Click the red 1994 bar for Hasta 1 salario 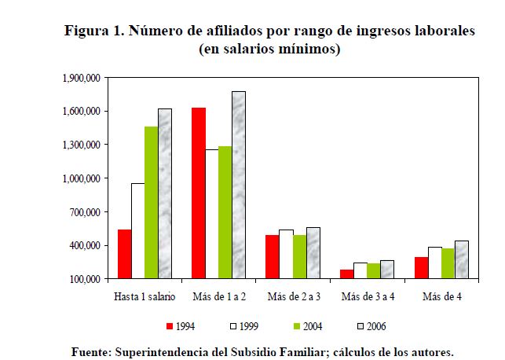(124, 254)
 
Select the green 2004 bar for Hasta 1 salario (151, 203)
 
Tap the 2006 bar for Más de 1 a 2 (238, 186)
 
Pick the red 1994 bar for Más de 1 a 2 (199, 193)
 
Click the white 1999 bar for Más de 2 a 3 (285, 255)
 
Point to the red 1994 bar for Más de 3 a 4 (346, 274)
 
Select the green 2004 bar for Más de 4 (448, 263)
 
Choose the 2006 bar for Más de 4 (461, 259)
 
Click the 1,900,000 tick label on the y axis (80, 79)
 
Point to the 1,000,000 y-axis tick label (80, 179)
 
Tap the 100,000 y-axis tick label (83, 279)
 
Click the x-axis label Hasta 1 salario (145, 296)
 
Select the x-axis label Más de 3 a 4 (367, 296)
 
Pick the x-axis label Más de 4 (441, 296)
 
